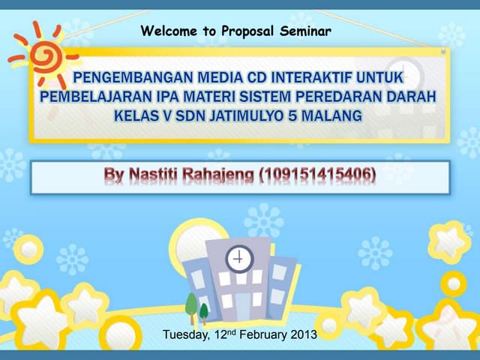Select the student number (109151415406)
pos(317,175)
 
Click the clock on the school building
pos(238,259)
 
